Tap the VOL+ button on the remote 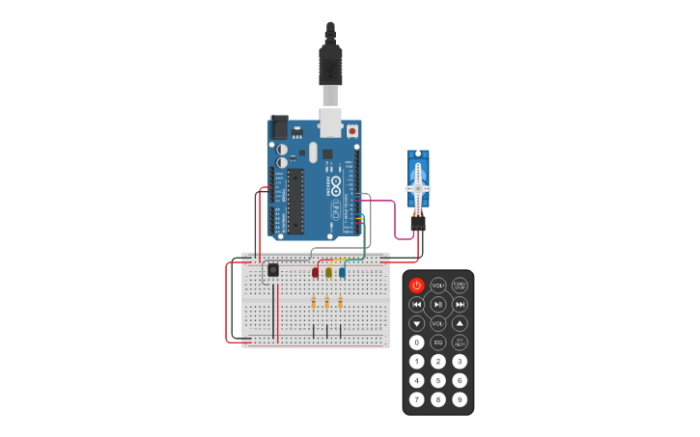pyautogui.click(x=438, y=286)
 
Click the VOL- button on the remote pyautogui.click(x=438, y=323)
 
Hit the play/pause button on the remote pyautogui.click(x=438, y=304)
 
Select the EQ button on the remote pyautogui.click(x=438, y=341)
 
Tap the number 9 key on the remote pyautogui.click(x=460, y=398)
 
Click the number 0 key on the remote pyautogui.click(x=416, y=341)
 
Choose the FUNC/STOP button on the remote pyautogui.click(x=460, y=286)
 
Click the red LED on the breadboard pyautogui.click(x=316, y=272)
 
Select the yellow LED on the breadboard pyautogui.click(x=328, y=272)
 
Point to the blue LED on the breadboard pyautogui.click(x=341, y=272)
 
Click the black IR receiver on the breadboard pyautogui.click(x=273, y=270)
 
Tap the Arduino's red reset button pyautogui.click(x=351, y=130)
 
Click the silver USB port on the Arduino pyautogui.click(x=330, y=123)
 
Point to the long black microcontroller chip pyautogui.click(x=295, y=202)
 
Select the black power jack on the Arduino pyautogui.click(x=279, y=126)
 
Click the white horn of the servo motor pyautogui.click(x=418, y=185)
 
